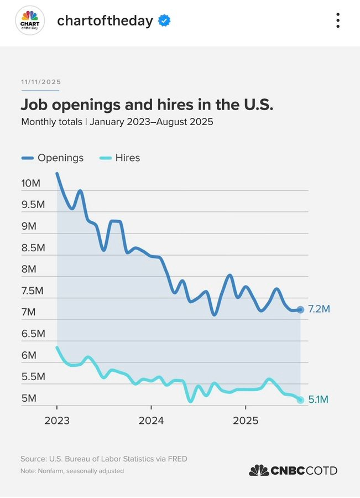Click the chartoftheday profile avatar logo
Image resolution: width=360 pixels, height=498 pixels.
pyautogui.click(x=30, y=21)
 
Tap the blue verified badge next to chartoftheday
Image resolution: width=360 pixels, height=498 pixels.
pyautogui.click(x=164, y=21)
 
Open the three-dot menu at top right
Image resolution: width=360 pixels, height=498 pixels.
pyautogui.click(x=338, y=21)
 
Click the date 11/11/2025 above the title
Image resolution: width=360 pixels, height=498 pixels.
pyautogui.click(x=41, y=82)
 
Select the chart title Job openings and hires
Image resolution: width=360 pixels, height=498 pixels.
pyautogui.click(x=147, y=105)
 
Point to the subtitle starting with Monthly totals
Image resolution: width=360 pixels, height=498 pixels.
pyautogui.click(x=117, y=122)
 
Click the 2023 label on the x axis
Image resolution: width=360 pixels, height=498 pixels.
pyautogui.click(x=56, y=421)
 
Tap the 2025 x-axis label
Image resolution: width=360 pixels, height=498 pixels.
pyautogui.click(x=246, y=421)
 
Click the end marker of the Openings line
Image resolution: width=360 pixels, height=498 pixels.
pyautogui.click(x=300, y=309)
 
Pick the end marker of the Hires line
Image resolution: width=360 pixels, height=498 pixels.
pyautogui.click(x=300, y=400)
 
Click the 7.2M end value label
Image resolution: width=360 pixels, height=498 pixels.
pyautogui.click(x=319, y=309)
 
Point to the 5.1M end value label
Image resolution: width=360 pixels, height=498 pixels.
pyautogui.click(x=319, y=400)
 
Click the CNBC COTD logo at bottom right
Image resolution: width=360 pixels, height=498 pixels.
pyautogui.click(x=293, y=470)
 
